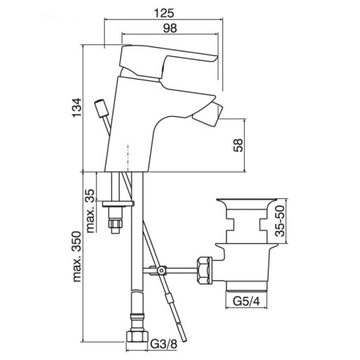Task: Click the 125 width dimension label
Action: (x=164, y=13)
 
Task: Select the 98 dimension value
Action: (x=170, y=28)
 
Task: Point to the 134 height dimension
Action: (x=77, y=108)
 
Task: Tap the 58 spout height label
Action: (x=238, y=146)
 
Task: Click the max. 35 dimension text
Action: (x=91, y=211)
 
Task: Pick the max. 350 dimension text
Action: (x=77, y=257)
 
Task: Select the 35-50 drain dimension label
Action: (x=280, y=221)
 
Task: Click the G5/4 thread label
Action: (x=246, y=301)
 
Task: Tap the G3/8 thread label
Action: (x=164, y=345)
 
